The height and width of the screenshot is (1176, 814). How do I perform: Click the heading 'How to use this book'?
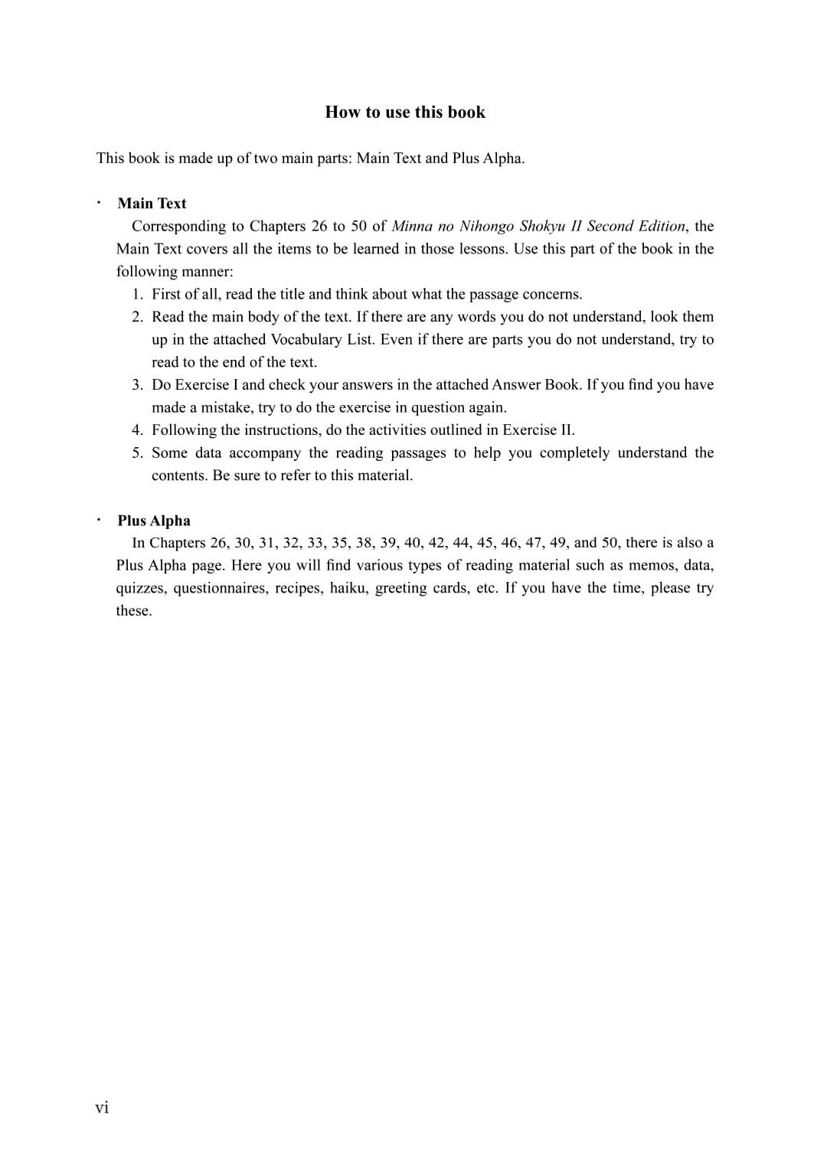(x=405, y=113)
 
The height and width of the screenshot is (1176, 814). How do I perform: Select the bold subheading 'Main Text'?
(x=152, y=204)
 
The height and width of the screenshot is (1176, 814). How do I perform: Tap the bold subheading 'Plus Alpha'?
(x=154, y=521)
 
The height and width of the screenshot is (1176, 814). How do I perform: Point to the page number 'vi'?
(x=102, y=1108)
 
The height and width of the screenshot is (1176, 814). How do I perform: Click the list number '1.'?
(x=137, y=294)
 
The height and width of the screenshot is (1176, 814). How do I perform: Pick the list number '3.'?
(x=137, y=384)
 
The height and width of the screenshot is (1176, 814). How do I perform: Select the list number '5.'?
(x=137, y=452)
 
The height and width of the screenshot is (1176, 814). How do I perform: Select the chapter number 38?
(x=365, y=543)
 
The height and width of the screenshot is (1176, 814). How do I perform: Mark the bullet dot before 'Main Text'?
(x=99, y=203)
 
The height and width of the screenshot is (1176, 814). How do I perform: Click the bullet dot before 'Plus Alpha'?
(x=99, y=520)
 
